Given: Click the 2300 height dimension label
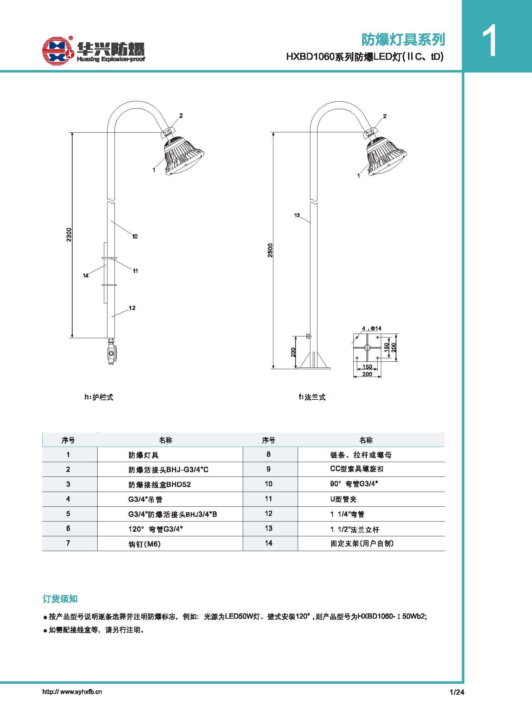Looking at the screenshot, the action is (69, 235).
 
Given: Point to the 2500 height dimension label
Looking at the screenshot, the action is (270, 250).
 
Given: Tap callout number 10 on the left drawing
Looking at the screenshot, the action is (135, 236).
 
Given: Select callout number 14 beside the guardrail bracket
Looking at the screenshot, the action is (86, 276).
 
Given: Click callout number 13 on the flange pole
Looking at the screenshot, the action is (297, 215).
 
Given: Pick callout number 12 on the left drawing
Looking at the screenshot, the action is (132, 308).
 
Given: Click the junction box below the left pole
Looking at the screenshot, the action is (111, 352).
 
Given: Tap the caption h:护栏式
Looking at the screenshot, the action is (99, 397).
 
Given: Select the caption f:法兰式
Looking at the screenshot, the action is (312, 397).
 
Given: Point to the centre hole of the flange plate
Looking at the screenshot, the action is (367, 348).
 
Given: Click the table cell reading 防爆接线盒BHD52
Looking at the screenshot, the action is (160, 485).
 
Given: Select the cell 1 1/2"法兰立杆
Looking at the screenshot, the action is (355, 529).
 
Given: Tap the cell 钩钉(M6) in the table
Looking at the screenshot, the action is (144, 544).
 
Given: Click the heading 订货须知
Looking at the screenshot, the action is (60, 599).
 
